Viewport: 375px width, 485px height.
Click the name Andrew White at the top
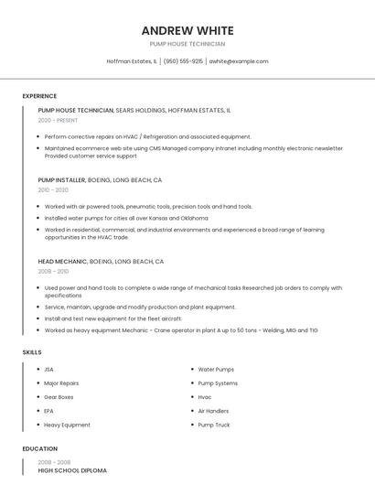pos(187,30)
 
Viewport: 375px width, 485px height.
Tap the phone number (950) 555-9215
pos(183,61)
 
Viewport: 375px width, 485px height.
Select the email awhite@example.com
pos(239,61)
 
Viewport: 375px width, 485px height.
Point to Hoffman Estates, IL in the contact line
pos(132,61)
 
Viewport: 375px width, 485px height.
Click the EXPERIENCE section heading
pos(39,96)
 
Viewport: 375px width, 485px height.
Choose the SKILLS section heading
pos(32,352)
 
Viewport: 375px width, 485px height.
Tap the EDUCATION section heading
pos(40,449)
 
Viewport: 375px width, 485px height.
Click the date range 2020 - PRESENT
pos(59,120)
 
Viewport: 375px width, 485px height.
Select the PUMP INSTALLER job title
pos(62,180)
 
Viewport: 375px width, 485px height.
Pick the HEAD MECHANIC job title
pos(61,262)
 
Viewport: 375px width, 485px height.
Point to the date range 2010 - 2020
pos(53,190)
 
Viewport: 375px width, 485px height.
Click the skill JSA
pos(49,370)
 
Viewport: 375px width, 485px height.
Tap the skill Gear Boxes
pos(59,397)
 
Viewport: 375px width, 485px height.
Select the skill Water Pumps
pos(216,370)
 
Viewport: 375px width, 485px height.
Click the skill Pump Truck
pos(214,425)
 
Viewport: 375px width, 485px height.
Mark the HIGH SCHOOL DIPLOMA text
pos(72,470)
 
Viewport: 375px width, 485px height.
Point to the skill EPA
pos(49,411)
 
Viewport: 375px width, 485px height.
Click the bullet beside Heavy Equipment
pos(35,425)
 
